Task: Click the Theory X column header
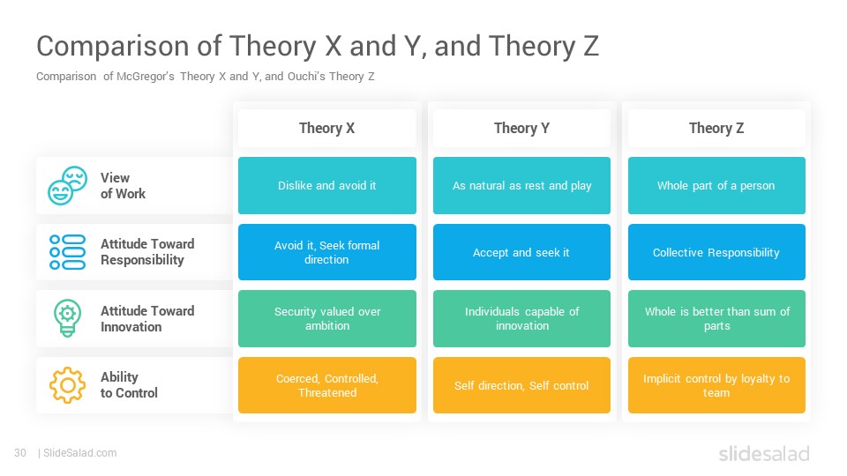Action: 326,128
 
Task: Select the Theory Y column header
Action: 521,128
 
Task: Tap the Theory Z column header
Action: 716,128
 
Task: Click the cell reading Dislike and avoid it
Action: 326,186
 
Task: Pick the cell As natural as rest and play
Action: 521,186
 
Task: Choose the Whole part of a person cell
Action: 716,186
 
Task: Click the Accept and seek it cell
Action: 521,252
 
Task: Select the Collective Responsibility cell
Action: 716,252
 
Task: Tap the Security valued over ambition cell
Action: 326,318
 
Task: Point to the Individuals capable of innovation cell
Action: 521,318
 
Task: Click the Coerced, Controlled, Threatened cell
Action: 326,385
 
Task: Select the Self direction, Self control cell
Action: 521,385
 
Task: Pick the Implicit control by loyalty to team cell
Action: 716,385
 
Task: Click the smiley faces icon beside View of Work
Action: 68,186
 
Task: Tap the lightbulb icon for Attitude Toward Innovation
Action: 68,318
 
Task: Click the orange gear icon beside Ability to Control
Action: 68,385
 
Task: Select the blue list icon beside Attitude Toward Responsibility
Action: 68,252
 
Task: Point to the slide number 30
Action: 20,453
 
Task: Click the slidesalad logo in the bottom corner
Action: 764,453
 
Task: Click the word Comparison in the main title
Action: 112,47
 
